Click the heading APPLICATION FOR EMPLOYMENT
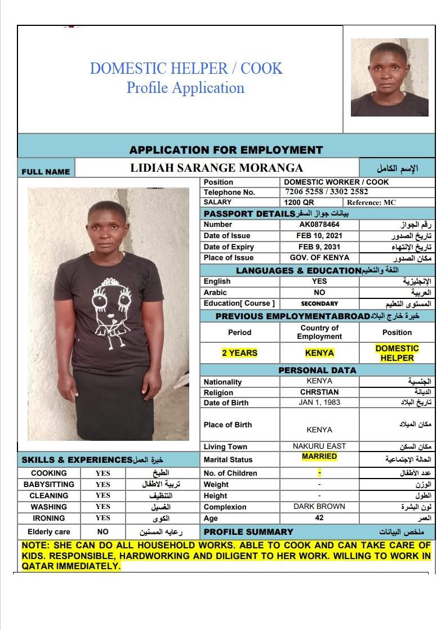[x=226, y=150]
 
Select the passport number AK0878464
[x=319, y=224]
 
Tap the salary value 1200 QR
[x=300, y=202]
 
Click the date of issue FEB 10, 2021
[x=319, y=235]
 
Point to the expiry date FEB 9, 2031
[x=319, y=247]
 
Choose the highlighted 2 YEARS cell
[x=239, y=353]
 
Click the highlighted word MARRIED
[x=319, y=457]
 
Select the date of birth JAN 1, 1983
[x=319, y=403]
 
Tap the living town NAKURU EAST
[x=319, y=446]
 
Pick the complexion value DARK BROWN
[x=319, y=506]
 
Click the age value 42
[x=319, y=518]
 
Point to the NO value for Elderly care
[x=103, y=531]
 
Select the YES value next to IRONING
[x=103, y=518]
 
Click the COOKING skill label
[x=49, y=473]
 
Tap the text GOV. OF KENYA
[x=319, y=258]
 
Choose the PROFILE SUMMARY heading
[x=248, y=531]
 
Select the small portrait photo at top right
[x=389, y=77]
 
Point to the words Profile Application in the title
[x=185, y=88]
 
